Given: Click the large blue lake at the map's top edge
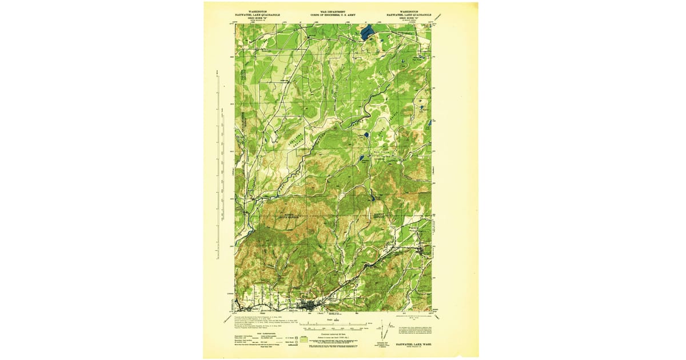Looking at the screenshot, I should [x=367, y=33].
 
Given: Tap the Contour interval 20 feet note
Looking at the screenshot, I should [x=334, y=334].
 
